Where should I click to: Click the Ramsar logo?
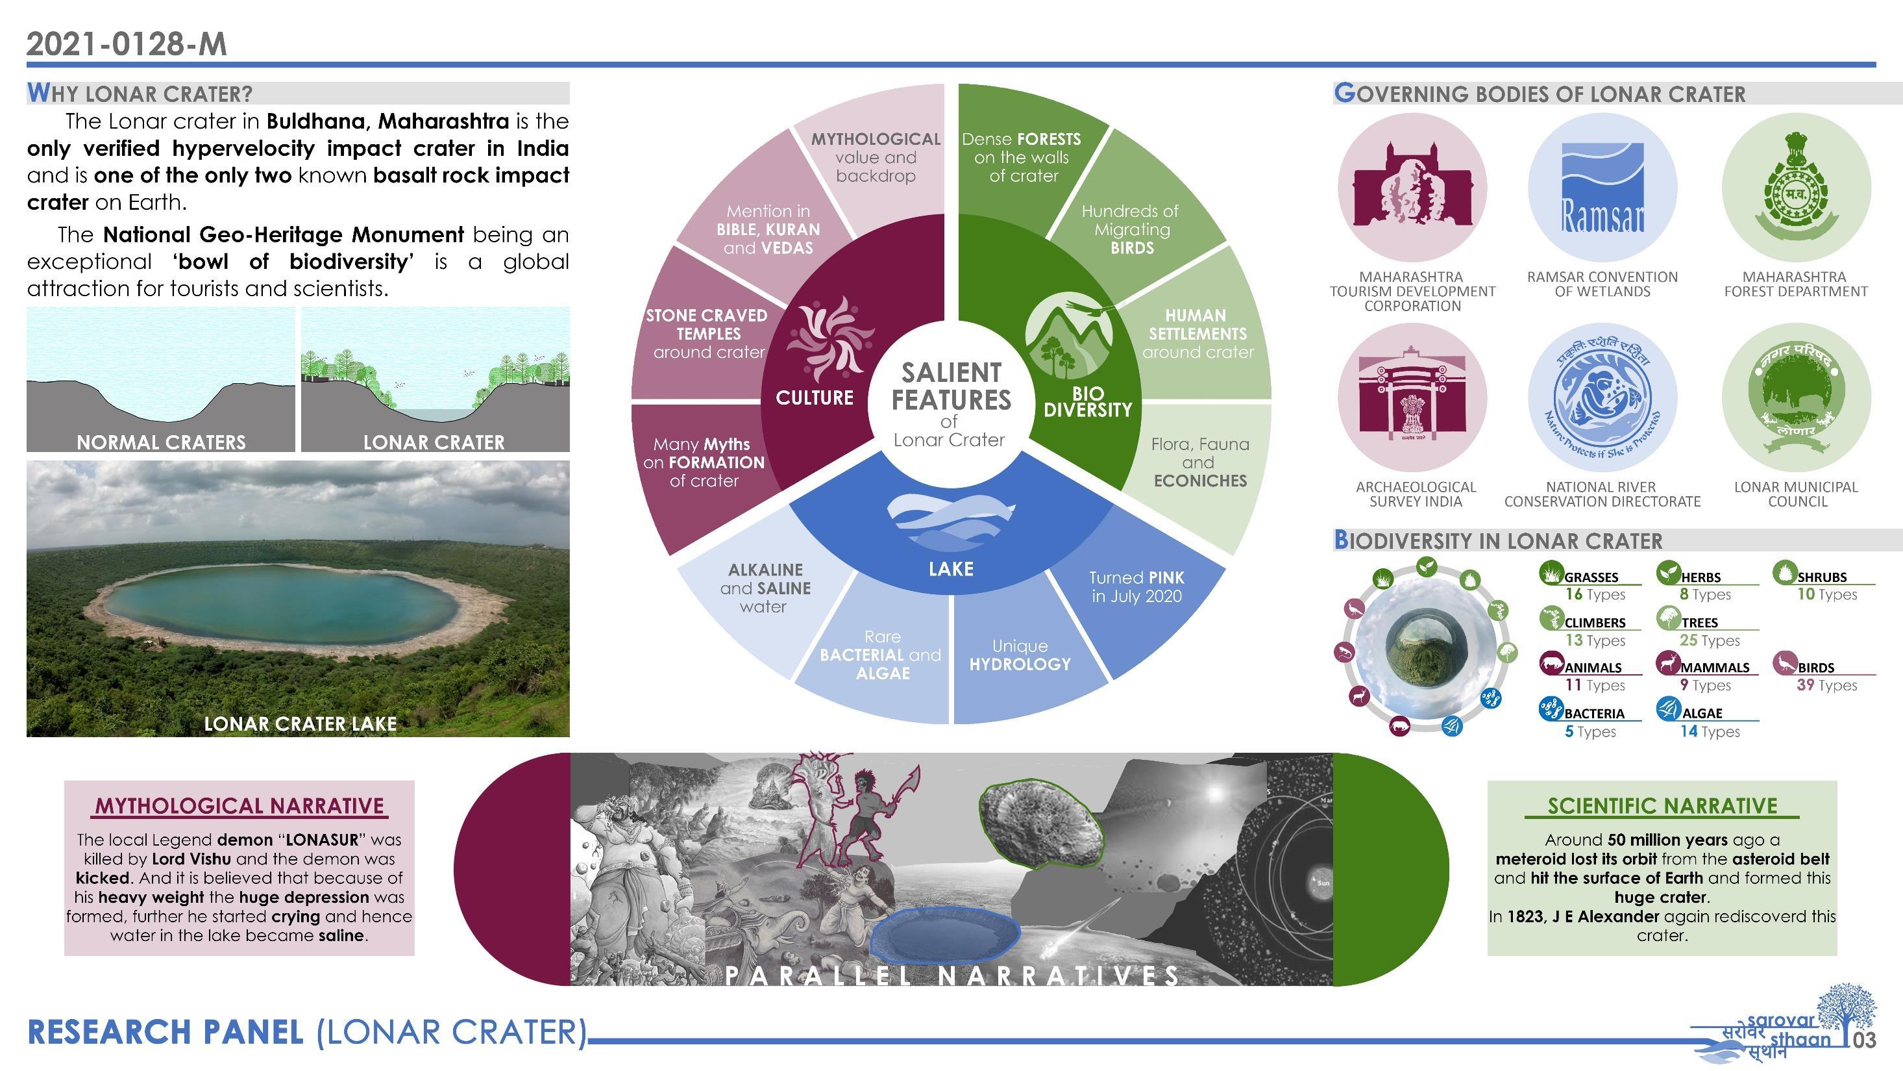click(1602, 188)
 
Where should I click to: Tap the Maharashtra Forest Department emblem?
click(1796, 188)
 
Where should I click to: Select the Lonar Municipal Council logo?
click(1796, 398)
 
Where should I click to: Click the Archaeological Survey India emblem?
click(1412, 398)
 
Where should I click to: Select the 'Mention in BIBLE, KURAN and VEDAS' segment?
click(768, 229)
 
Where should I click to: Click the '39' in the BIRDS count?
click(1806, 685)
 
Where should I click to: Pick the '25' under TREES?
click(1688, 640)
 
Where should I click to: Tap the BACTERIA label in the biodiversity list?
click(1594, 714)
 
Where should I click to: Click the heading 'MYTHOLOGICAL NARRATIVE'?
click(239, 805)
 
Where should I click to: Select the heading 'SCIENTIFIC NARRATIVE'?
click(1662, 805)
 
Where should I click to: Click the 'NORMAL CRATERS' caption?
click(161, 442)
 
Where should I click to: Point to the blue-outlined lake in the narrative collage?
click(945, 936)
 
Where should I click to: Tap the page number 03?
click(1865, 1040)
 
